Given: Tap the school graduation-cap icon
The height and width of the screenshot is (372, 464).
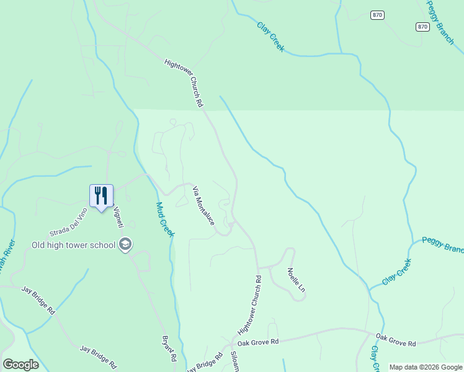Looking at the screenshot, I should click(126, 244).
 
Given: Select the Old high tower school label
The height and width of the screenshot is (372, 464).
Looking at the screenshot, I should click(73, 245).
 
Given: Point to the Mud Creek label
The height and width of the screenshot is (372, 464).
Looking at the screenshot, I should click(165, 219).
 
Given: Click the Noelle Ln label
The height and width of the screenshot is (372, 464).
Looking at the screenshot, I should click(297, 280).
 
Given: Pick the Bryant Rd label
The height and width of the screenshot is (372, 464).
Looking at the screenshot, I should click(169, 349).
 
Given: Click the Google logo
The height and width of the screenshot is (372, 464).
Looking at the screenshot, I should click(20, 365).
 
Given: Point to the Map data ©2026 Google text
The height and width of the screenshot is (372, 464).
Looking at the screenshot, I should click(426, 367).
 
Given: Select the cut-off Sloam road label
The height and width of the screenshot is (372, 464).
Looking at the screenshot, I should click(234, 361).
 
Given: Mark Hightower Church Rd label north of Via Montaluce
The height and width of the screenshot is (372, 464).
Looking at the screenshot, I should click(184, 83).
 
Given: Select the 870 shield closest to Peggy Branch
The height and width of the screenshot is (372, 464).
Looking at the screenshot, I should click(422, 27).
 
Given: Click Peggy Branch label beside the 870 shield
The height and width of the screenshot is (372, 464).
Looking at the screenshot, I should click(441, 22).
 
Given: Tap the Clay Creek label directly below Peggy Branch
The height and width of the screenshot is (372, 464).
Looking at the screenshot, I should click(397, 272).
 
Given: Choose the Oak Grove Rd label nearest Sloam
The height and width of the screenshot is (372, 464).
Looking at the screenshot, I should click(258, 342).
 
